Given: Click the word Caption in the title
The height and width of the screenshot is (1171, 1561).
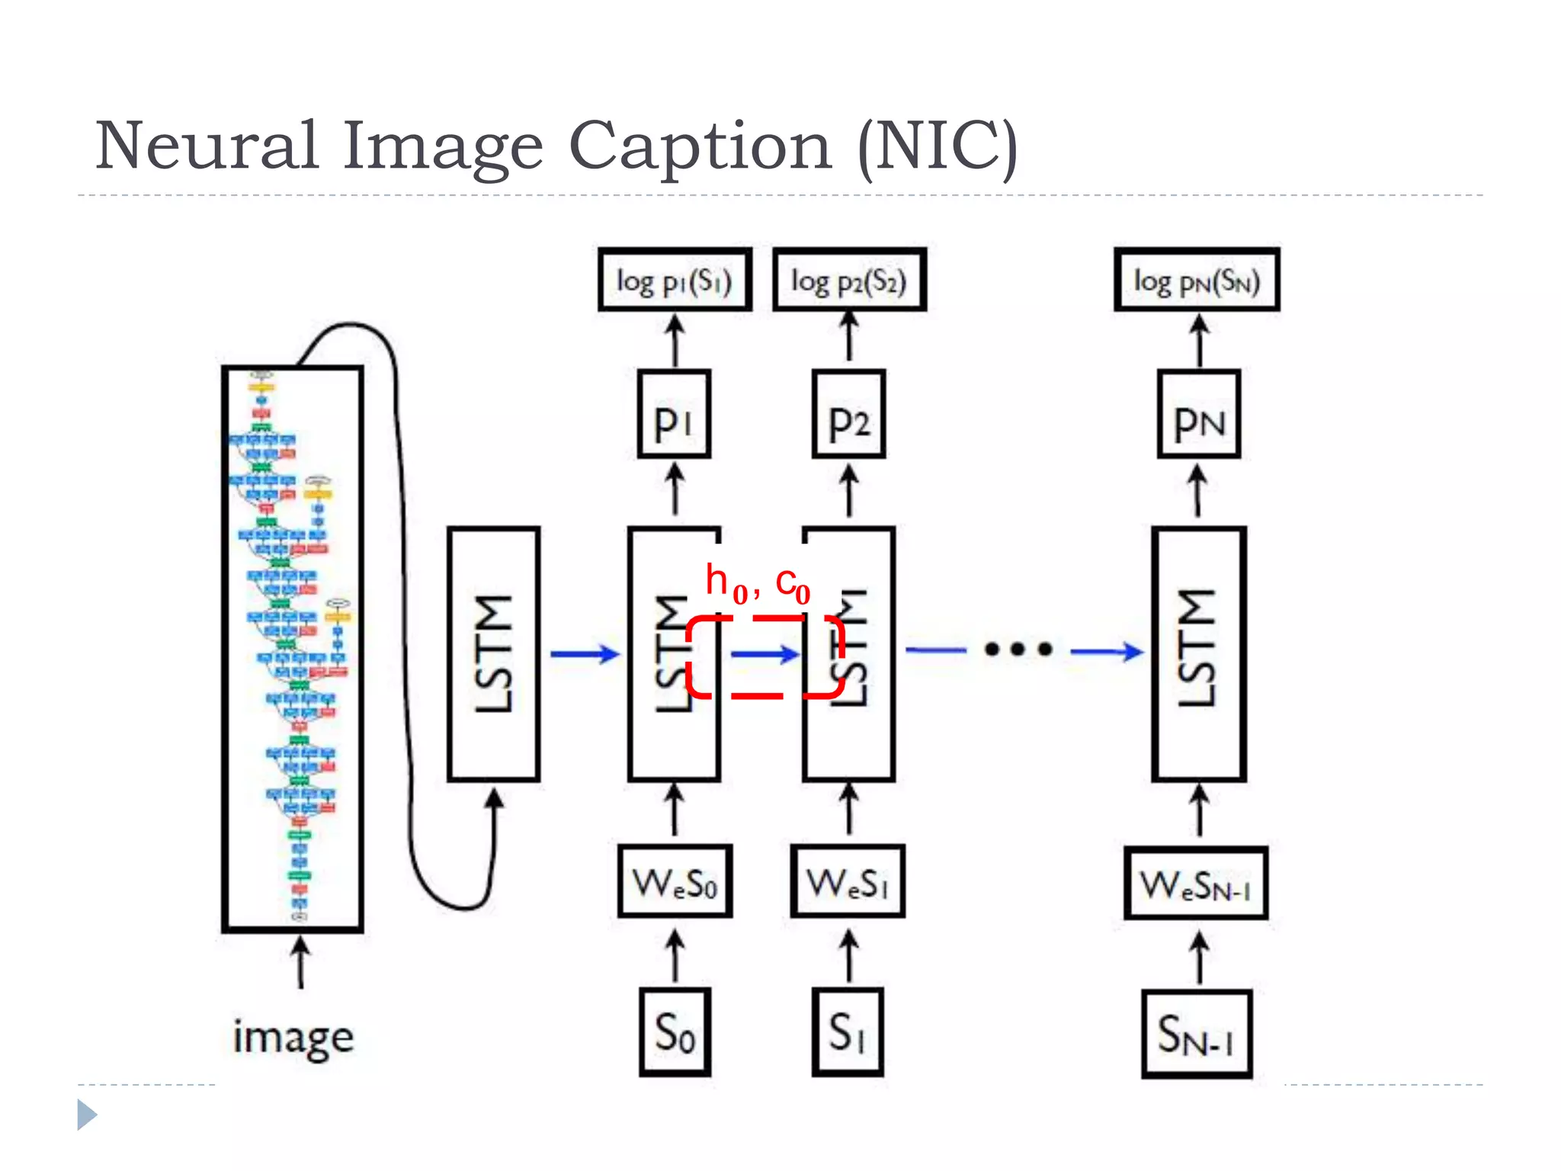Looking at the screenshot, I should click(700, 146).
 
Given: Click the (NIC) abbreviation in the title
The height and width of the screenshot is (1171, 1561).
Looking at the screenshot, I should click(938, 146).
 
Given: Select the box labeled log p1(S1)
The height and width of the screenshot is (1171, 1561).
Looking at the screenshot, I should click(675, 281).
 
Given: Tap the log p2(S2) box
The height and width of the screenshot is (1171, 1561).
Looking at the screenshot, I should click(849, 281).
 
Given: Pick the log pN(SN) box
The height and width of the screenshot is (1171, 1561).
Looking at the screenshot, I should click(1197, 281).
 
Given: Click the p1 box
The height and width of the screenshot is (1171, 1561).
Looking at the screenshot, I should click(674, 415).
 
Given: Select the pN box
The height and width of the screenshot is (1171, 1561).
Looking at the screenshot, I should click(1199, 415).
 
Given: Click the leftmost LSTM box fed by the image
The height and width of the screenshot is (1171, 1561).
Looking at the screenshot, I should click(494, 654).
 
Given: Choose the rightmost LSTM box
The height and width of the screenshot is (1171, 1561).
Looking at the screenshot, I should click(1199, 654).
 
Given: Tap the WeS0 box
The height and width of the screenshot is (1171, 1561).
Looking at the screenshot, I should click(675, 881).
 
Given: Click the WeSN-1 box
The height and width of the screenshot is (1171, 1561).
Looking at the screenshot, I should click(1196, 884).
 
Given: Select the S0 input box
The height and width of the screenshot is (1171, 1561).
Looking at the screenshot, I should click(675, 1032).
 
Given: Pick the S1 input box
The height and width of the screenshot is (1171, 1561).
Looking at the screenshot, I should click(848, 1032).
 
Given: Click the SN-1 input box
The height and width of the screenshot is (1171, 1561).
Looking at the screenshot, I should click(1196, 1034).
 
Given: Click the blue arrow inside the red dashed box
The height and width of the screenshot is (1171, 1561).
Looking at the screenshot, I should click(765, 654).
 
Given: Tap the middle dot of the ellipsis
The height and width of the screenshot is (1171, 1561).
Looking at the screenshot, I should click(1018, 650).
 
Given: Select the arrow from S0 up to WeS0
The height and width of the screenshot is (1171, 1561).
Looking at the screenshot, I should click(675, 956).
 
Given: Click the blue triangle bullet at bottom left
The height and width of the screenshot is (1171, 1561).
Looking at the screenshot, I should click(86, 1115).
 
